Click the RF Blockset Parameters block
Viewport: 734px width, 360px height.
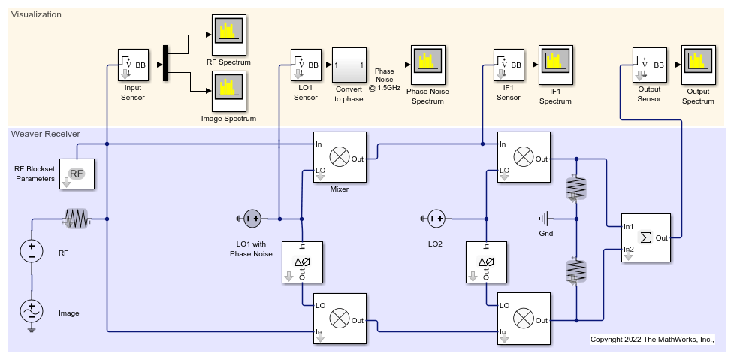click(77, 175)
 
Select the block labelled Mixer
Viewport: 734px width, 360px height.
click(340, 157)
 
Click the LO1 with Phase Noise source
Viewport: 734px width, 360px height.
click(252, 219)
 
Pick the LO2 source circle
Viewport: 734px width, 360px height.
click(436, 219)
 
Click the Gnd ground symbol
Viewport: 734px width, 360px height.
click(543, 219)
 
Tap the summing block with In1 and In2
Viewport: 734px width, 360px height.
click(646, 237)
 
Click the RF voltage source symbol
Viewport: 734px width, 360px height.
click(32, 251)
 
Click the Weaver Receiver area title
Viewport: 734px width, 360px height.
click(46, 134)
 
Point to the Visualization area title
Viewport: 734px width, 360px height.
click(36, 14)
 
